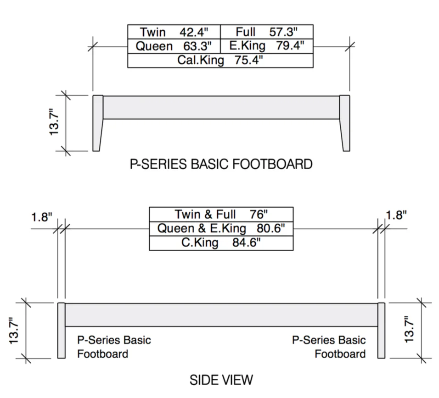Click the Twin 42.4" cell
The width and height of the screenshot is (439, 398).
174,32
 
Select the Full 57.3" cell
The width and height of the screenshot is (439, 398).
267,32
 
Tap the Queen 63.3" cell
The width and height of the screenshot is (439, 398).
174,46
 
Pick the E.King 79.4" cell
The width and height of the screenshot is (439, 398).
267,46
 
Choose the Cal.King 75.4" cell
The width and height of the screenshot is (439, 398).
220,61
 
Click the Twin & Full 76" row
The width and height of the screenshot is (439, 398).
221,215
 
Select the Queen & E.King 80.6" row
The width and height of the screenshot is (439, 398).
221,229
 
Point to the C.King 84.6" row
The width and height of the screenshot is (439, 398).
221,243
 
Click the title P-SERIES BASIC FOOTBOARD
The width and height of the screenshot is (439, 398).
221,164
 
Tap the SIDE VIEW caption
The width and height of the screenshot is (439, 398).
221,380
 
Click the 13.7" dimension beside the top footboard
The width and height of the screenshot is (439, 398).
54,122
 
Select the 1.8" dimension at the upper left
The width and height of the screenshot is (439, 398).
42,217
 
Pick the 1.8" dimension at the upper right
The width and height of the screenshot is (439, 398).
396,215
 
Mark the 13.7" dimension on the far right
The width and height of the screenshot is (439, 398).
409,330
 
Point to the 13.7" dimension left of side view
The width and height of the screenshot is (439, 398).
13,331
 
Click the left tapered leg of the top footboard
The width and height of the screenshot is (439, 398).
98,123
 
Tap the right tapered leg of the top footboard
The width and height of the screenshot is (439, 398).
345,123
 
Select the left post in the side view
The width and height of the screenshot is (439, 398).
62,330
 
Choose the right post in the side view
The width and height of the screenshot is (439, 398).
381,330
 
